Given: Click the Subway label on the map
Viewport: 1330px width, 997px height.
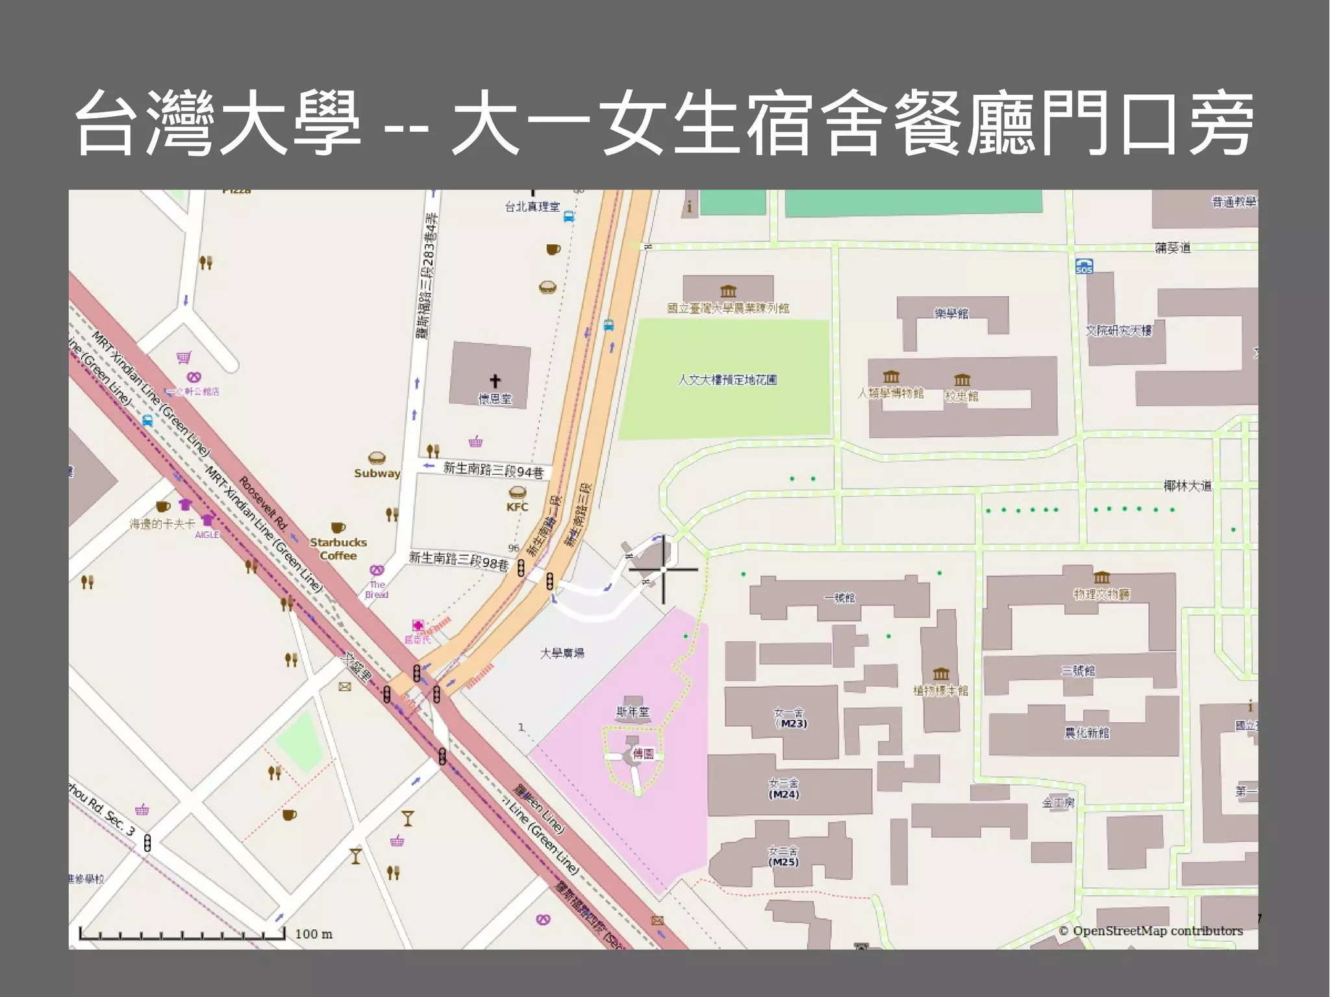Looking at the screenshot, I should point(377,473).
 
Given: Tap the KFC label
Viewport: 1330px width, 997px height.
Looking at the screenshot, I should point(517,507).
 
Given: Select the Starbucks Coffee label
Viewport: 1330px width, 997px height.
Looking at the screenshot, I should point(338,549).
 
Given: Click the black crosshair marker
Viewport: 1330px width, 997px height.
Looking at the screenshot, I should point(663,570).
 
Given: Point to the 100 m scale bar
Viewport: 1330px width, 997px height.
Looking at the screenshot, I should point(182,934).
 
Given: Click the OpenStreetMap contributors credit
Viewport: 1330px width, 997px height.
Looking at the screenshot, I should point(1151,931).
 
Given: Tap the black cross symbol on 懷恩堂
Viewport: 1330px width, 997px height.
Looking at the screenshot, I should point(495,381).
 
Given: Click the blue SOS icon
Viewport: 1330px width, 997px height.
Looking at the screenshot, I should point(1084,266).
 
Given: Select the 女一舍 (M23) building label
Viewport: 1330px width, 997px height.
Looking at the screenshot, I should point(790,718).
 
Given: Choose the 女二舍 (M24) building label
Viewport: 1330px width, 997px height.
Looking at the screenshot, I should point(783,789).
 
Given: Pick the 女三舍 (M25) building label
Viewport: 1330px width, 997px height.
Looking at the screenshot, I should point(783,857).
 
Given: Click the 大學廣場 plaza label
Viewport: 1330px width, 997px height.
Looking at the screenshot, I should point(562,653).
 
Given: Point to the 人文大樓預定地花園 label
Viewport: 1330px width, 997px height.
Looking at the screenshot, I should point(727,379).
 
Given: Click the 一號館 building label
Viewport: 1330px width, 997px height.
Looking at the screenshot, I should point(839,598).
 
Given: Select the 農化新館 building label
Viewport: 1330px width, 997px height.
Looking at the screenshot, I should point(1086,733).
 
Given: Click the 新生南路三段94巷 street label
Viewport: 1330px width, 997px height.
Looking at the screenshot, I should point(492,470).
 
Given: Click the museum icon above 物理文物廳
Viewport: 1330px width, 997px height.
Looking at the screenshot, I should point(1101,577).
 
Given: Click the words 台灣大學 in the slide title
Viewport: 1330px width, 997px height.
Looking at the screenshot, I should point(218,123).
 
